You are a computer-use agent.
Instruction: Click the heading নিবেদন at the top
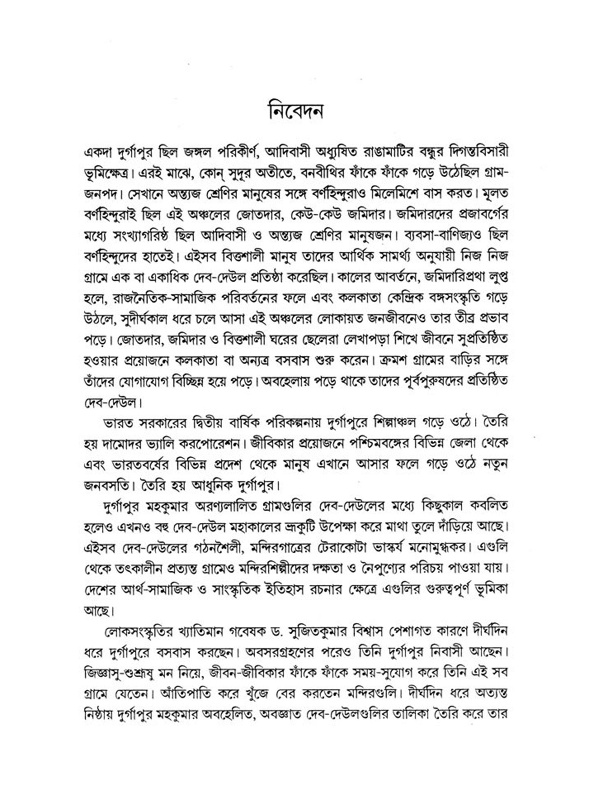(295, 111)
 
